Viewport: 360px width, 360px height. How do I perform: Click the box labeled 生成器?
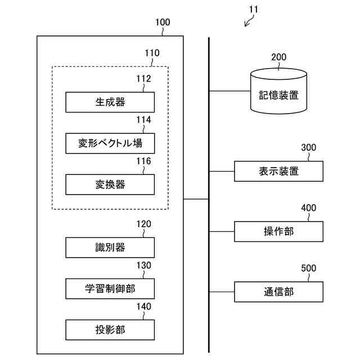pos(110,102)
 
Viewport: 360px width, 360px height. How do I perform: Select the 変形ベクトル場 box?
pos(110,143)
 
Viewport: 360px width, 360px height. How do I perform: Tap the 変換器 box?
pos(110,184)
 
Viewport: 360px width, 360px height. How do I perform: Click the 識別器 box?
pos(110,247)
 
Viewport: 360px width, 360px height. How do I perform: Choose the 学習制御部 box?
pos(110,289)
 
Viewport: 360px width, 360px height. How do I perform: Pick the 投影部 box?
pos(110,330)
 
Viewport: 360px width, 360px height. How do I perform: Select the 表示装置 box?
pos(279,171)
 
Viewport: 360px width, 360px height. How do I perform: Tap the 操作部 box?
pos(279,231)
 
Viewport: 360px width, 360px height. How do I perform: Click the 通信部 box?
pos(279,291)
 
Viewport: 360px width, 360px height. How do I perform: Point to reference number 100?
pos(162,22)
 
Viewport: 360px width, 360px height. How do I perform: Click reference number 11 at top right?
pos(254,10)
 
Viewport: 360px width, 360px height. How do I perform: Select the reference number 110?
pos(152,53)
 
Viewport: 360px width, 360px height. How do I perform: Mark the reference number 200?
pos(279,57)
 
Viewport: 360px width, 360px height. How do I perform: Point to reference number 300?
pos(309,148)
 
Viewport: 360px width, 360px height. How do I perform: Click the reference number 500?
pos(309,268)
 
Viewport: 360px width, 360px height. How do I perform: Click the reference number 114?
pos(143,119)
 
